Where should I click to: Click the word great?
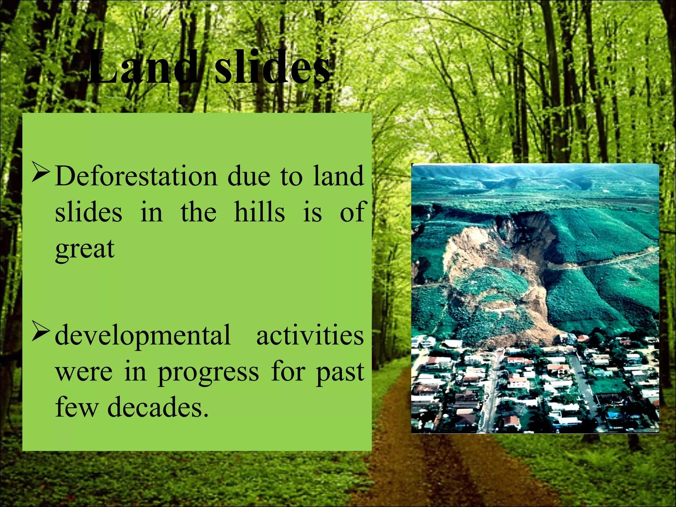pyautogui.click(x=85, y=250)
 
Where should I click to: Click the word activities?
pyautogui.click(x=310, y=335)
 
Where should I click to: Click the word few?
pyautogui.click(x=77, y=407)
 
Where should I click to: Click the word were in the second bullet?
pyautogui.click(x=84, y=372)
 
